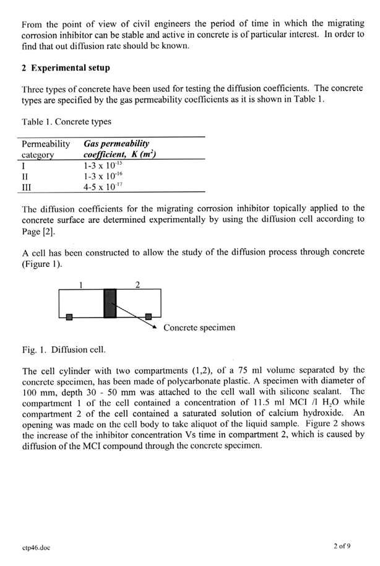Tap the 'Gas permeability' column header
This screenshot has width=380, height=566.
[116, 144]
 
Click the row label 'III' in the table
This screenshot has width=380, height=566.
[27, 185]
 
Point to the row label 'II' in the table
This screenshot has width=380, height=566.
[25, 175]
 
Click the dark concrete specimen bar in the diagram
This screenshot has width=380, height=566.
[110, 303]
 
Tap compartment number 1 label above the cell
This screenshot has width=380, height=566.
[81, 284]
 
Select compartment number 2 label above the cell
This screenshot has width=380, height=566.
[137, 284]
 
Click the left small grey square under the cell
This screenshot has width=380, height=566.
[69, 318]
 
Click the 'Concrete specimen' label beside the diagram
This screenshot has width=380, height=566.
[199, 327]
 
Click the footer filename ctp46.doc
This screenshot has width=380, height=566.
[35, 547]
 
